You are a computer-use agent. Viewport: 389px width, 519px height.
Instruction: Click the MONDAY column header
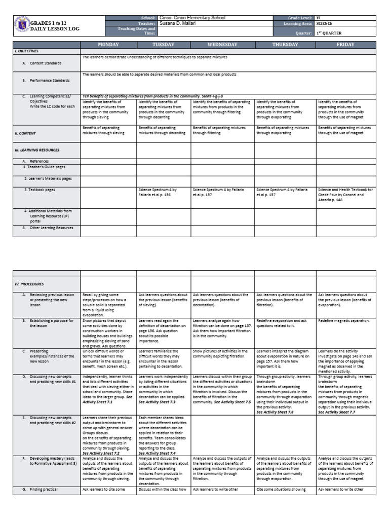pyautogui.click(x=108, y=45)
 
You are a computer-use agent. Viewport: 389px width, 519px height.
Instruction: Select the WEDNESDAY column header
pyautogui.click(x=222, y=45)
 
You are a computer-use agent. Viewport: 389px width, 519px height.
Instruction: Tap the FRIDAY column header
pyautogui.click(x=345, y=45)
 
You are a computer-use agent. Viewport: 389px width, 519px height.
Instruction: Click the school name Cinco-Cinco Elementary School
pyautogui.click(x=192, y=18)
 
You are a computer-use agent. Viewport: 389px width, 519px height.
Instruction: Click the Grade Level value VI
pyautogui.click(x=318, y=18)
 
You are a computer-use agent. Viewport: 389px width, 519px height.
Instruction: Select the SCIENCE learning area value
pyautogui.click(x=324, y=23)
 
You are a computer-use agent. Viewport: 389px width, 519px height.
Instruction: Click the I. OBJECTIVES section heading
pyautogui.click(x=26, y=51)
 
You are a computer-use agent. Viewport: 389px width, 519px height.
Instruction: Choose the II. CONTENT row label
pyautogui.click(x=25, y=133)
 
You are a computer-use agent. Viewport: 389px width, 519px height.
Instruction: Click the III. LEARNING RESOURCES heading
pyautogui.click(x=37, y=150)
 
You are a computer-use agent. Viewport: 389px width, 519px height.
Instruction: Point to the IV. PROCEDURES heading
pyautogui.click(x=29, y=284)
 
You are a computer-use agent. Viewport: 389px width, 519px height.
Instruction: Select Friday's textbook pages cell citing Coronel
pyautogui.click(x=345, y=194)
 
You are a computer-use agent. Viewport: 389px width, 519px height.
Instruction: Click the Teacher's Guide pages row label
pyautogui.click(x=44, y=167)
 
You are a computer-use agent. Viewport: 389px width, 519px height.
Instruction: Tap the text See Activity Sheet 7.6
pyautogui.click(x=275, y=413)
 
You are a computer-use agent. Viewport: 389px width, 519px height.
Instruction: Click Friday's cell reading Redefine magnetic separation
pyautogui.click(x=343, y=321)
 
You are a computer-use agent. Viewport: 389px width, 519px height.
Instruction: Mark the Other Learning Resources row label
pyautogui.click(x=51, y=228)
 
